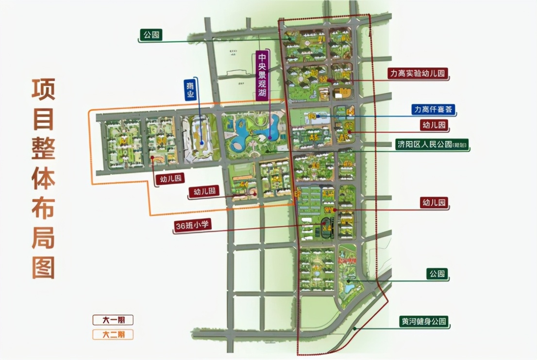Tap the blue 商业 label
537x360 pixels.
(190, 89)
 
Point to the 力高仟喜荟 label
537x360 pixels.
(433, 110)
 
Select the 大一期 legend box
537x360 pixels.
(113, 320)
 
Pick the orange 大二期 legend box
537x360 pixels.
(113, 334)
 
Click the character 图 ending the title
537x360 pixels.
(44, 267)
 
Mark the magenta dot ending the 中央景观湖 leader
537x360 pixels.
(270, 138)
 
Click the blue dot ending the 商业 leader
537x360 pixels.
(201, 143)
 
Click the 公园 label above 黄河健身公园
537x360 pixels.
(436, 275)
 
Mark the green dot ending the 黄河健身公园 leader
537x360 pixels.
(355, 328)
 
